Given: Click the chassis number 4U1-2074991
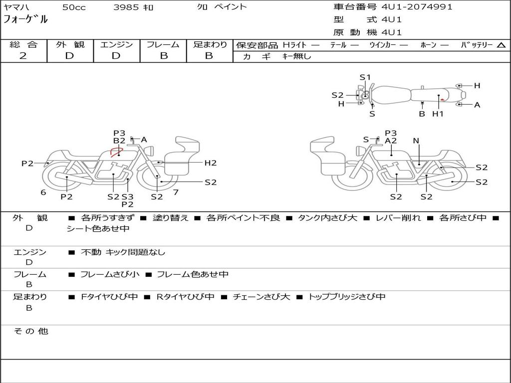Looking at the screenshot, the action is point(417,7).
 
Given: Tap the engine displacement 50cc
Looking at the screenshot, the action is point(73,7).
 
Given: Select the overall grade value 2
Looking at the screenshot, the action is point(23,55).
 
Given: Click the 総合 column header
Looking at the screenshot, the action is point(23,44).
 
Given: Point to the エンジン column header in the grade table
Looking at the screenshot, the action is point(116,44).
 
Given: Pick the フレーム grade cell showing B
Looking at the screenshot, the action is point(164,55).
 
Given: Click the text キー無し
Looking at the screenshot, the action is point(296,56).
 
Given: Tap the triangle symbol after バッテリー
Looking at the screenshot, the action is point(501,45).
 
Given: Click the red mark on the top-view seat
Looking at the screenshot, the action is point(442,100).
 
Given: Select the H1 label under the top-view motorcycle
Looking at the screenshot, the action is point(438,114).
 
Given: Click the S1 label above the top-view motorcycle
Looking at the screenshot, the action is point(365,77).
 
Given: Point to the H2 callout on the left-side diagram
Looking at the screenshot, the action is point(210,163).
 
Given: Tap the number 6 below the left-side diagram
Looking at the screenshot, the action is point(43,192).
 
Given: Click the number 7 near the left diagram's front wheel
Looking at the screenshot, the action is point(176,192).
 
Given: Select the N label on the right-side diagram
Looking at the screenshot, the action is point(416,141).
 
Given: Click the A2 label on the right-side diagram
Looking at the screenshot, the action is point(391,141).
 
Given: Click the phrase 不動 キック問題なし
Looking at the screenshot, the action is point(123,252).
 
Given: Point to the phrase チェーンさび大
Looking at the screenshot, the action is point(261,297).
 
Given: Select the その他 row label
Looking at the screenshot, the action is point(31,331).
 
